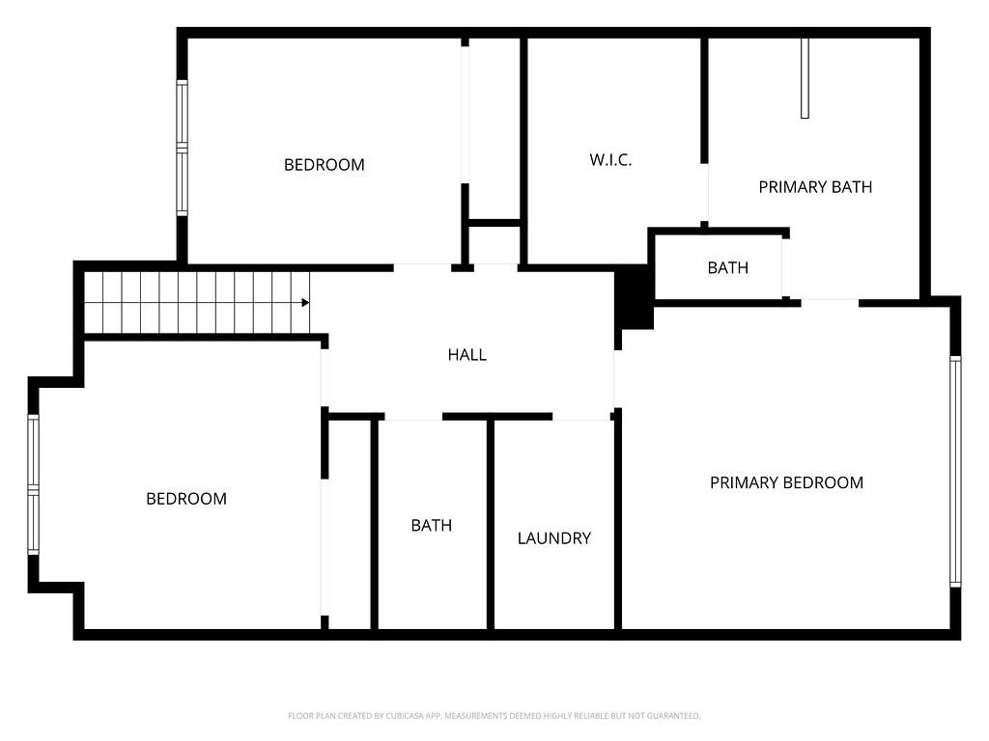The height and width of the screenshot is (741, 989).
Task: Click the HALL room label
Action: (x=466, y=355)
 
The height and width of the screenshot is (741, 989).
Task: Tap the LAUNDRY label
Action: (x=553, y=538)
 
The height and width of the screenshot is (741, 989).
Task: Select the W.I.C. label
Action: (x=610, y=160)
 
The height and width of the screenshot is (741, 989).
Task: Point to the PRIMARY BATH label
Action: (x=814, y=187)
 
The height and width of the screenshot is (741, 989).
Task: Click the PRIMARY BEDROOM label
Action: (x=786, y=482)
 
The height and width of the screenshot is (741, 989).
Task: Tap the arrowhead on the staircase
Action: (x=305, y=303)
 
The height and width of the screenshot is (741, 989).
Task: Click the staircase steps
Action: (x=193, y=303)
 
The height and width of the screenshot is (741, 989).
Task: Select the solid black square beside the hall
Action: (x=634, y=295)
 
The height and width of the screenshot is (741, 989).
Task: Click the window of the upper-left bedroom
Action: (x=182, y=147)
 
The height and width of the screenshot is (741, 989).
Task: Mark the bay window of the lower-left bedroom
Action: (x=33, y=484)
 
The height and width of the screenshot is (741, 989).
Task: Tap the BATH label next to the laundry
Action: (x=431, y=526)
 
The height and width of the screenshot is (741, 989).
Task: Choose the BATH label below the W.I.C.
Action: (x=727, y=268)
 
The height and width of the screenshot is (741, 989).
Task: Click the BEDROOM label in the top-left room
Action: (x=324, y=165)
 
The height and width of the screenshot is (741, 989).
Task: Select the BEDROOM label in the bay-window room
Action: (x=186, y=499)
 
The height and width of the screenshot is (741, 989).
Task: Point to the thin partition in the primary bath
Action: (x=805, y=77)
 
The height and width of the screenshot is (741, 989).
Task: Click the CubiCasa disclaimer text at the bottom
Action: (x=494, y=716)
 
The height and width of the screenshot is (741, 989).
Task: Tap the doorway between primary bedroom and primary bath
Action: (x=830, y=303)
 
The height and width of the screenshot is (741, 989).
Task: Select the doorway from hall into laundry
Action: (x=581, y=418)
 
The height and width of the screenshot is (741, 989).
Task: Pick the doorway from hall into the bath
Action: (x=413, y=418)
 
